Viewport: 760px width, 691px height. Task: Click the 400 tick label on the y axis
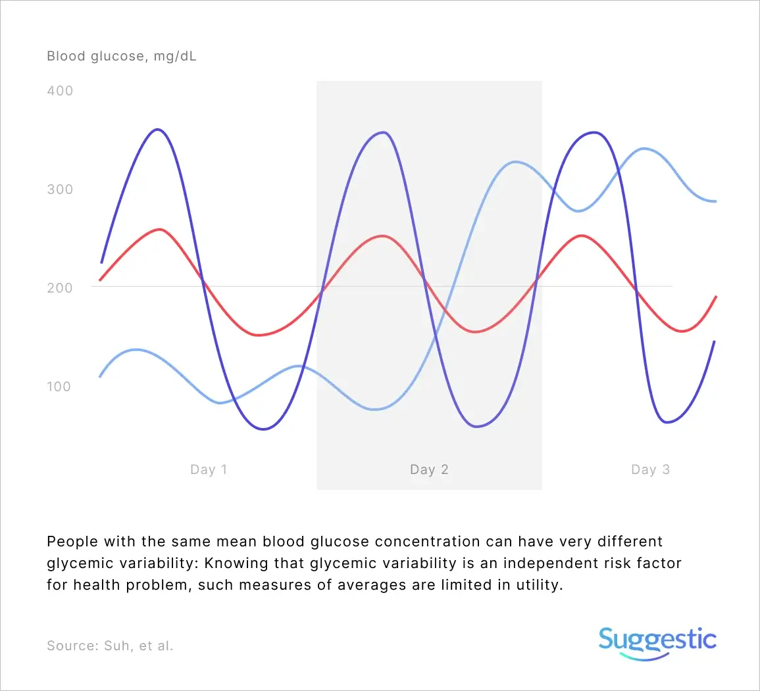(x=60, y=91)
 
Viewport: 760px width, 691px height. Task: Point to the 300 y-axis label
(x=60, y=189)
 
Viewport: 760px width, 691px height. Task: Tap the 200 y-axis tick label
(x=60, y=287)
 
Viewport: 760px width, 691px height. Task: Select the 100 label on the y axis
(x=59, y=387)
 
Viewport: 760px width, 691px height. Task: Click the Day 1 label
(x=209, y=469)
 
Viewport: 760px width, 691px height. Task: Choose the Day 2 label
(x=429, y=469)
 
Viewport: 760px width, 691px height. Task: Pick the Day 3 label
(x=650, y=469)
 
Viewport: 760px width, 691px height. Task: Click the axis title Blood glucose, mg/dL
(x=122, y=56)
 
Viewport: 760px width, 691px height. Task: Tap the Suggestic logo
(x=657, y=643)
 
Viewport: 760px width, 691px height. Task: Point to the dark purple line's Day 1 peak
(x=157, y=130)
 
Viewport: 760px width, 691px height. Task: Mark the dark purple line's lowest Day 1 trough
(x=263, y=429)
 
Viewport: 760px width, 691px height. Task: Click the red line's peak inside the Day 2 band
(x=383, y=236)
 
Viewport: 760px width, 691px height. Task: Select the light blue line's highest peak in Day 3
(x=643, y=148)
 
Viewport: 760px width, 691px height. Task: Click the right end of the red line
(x=716, y=297)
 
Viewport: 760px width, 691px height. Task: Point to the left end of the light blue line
(x=100, y=377)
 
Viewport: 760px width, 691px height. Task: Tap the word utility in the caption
(x=539, y=585)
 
